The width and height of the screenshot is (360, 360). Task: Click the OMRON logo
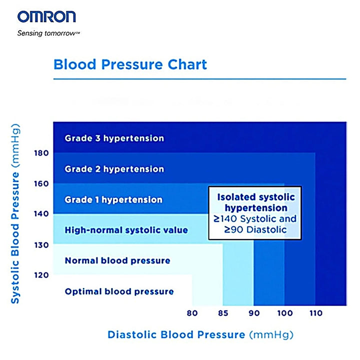point(46,16)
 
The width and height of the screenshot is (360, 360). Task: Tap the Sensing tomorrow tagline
point(48,34)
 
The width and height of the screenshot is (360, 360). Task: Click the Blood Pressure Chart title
point(130,64)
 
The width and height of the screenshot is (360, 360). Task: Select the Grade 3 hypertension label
point(114,138)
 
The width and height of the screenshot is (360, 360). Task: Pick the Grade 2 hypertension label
point(114,169)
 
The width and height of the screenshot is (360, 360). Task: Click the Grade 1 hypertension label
point(113,199)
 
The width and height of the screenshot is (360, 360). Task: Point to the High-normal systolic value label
point(126,230)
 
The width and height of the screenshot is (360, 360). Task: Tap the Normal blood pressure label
point(117,260)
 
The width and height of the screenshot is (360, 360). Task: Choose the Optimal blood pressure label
point(119,291)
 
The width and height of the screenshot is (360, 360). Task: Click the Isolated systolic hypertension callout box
point(255,212)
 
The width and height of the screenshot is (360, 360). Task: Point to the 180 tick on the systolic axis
point(41,152)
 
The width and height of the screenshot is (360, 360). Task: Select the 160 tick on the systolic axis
point(41,183)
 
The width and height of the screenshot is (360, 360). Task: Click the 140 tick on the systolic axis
point(41,214)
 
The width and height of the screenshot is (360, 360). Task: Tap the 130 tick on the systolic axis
point(41,244)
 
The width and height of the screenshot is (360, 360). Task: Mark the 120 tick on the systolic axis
point(41,275)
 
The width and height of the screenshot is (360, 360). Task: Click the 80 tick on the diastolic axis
point(192,314)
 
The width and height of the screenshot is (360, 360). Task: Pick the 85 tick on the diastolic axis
point(222,314)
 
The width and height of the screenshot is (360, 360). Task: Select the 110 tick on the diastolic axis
point(315,314)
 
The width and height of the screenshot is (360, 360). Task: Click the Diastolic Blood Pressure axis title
point(200,334)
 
